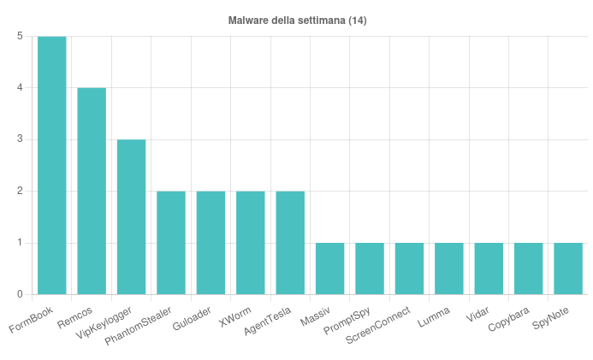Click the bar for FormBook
pyautogui.click(x=51, y=165)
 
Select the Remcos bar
pyautogui.click(x=92, y=191)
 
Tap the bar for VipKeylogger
pyautogui.click(x=131, y=217)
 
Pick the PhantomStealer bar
pyautogui.click(x=171, y=243)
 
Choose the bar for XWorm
pyautogui.click(x=251, y=243)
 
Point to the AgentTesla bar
pyautogui.click(x=290, y=243)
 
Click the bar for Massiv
pyautogui.click(x=329, y=269)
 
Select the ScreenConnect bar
pyautogui.click(x=409, y=269)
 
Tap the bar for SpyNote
pyautogui.click(x=568, y=269)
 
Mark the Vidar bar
pyautogui.click(x=489, y=269)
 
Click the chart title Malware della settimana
pyautogui.click(x=297, y=20)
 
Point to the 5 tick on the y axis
pyautogui.click(x=19, y=36)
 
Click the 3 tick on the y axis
pyautogui.click(x=19, y=139)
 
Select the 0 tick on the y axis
pyautogui.click(x=19, y=295)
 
